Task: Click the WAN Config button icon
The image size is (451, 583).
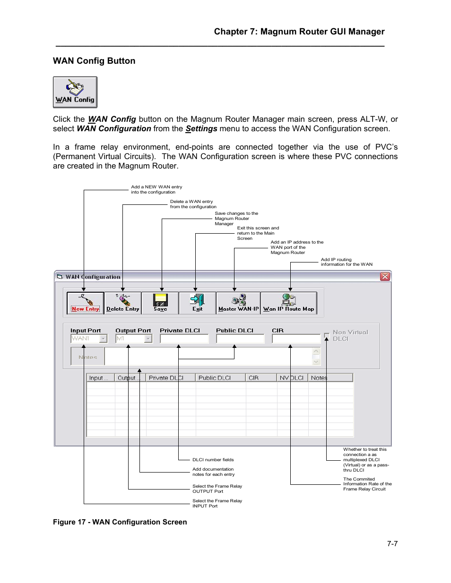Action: pyautogui.click(x=75, y=92)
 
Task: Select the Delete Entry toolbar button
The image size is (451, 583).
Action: pyautogui.click(x=123, y=303)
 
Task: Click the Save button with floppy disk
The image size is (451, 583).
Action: pyautogui.click(x=160, y=303)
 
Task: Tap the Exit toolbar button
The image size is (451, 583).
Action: pyautogui.click(x=197, y=303)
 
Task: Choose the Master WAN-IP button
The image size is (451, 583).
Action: pyautogui.click(x=238, y=303)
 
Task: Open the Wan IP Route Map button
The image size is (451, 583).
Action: pyautogui.click(x=288, y=303)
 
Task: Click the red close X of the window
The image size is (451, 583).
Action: pyautogui.click(x=385, y=277)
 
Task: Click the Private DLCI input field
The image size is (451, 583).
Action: pyautogui.click(x=184, y=338)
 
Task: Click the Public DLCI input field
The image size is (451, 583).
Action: pyautogui.click(x=240, y=338)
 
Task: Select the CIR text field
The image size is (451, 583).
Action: pyautogui.click(x=296, y=338)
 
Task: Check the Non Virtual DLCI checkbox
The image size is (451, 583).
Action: pyautogui.click(x=327, y=336)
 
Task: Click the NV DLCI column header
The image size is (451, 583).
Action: pyautogui.click(x=292, y=378)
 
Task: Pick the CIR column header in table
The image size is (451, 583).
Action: pyautogui.click(x=260, y=378)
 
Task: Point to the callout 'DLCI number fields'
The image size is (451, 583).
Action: pyautogui.click(x=213, y=460)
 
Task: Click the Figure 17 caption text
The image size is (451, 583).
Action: pyautogui.click(x=120, y=522)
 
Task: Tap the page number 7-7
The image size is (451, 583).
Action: pyautogui.click(x=392, y=544)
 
